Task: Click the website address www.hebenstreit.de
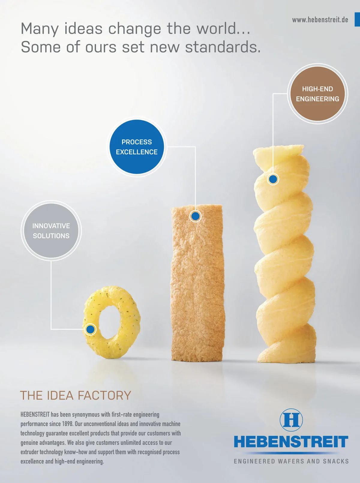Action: click(320, 20)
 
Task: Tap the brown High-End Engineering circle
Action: click(317, 94)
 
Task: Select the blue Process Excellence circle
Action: click(136, 147)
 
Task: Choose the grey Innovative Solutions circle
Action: click(51, 230)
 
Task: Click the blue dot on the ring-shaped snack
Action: click(90, 329)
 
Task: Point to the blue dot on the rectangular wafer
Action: click(196, 216)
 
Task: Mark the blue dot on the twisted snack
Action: click(273, 179)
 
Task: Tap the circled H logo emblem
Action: click(291, 420)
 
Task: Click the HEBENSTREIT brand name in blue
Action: click(291, 442)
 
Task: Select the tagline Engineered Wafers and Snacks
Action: click(291, 461)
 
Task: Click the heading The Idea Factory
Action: click(76, 395)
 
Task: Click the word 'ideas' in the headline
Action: click(83, 29)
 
